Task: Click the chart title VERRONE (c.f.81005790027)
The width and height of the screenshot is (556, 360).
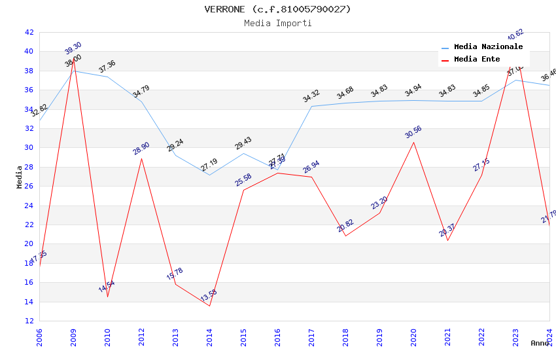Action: pos(278,9)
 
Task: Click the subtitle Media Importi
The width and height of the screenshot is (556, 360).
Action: pos(278,23)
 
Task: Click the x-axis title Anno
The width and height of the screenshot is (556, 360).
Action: pos(540,343)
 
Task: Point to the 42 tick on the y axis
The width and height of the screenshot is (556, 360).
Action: pos(29,32)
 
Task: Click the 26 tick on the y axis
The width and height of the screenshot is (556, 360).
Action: pos(29,186)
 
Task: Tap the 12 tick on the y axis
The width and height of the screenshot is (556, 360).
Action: pos(29,321)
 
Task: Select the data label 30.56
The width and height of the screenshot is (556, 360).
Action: pos(413,132)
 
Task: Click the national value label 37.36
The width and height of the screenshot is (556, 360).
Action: pos(107,66)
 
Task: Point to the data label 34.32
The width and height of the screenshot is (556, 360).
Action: pos(311,96)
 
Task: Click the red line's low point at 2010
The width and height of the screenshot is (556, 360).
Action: pos(107,297)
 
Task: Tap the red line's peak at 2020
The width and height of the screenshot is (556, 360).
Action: pos(413,142)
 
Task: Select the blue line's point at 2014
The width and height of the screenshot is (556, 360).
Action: pos(209,175)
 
